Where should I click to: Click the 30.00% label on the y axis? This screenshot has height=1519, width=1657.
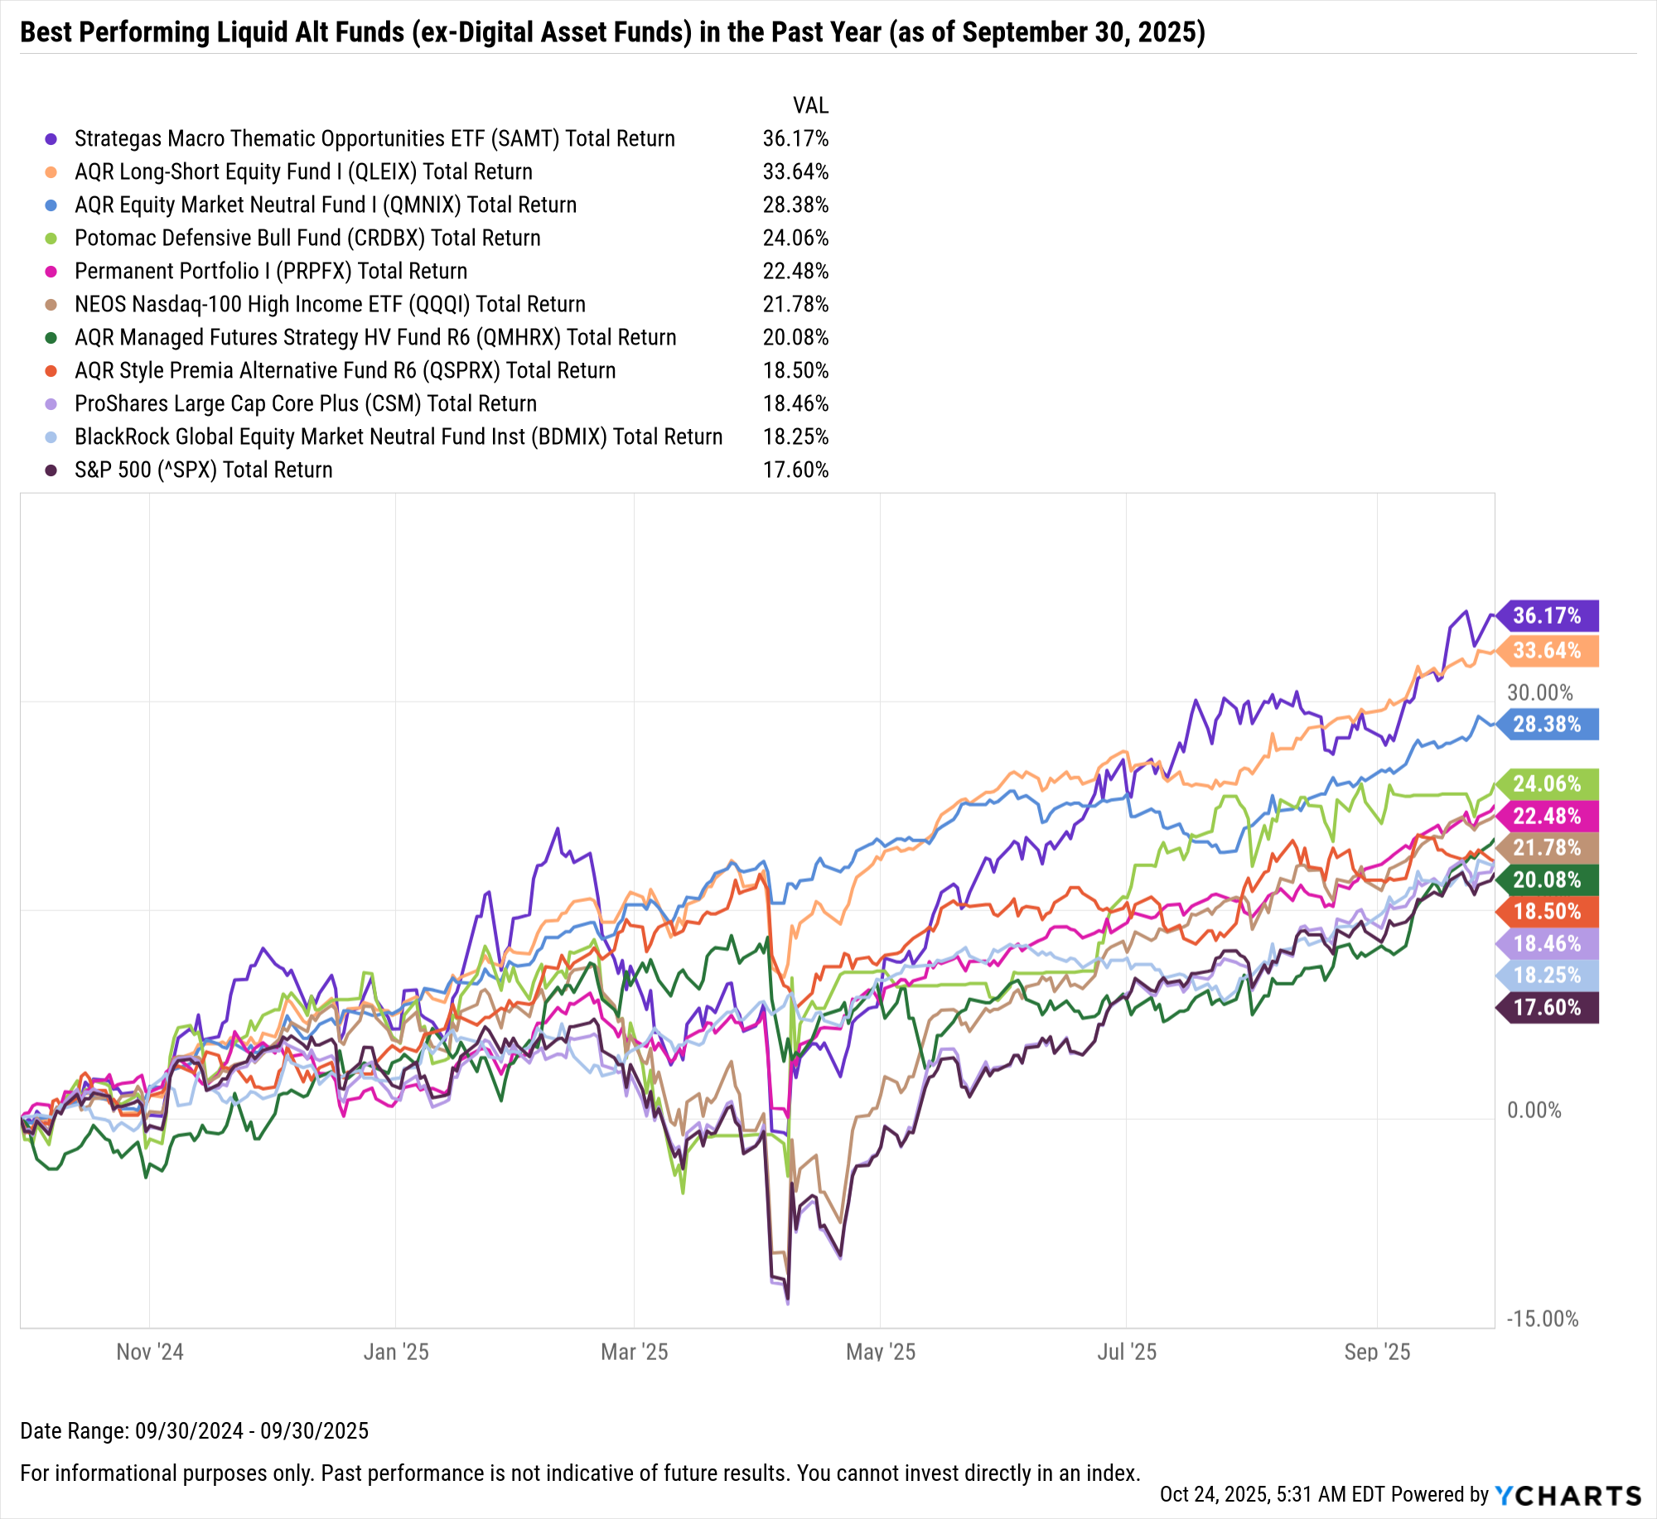[x=1539, y=692]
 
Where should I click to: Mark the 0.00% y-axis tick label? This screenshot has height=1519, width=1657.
[x=1534, y=1110]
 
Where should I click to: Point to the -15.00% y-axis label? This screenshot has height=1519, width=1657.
[x=1542, y=1319]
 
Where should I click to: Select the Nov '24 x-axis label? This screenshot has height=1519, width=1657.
[x=150, y=1352]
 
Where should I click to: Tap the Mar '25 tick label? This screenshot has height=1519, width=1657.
[x=634, y=1352]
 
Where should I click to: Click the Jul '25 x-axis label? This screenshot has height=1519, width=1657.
[x=1127, y=1352]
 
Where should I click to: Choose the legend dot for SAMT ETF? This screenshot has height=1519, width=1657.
[x=51, y=139]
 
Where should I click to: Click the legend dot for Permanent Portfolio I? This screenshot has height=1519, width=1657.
[x=51, y=272]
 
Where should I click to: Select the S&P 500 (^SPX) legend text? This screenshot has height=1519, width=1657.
[x=203, y=470]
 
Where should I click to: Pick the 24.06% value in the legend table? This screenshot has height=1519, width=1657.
[x=795, y=238]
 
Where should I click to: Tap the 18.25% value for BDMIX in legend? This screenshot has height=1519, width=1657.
[x=795, y=436]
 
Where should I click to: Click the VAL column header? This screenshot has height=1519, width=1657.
[x=810, y=105]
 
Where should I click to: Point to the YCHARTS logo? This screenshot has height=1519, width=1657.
[x=1568, y=1495]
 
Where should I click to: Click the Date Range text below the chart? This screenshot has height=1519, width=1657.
[x=194, y=1430]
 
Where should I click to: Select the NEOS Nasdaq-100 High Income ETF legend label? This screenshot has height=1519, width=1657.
[x=330, y=304]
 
